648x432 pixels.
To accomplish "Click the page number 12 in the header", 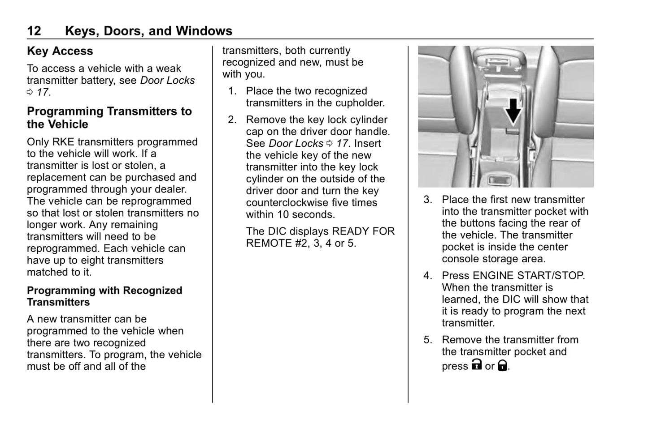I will coord(34,31).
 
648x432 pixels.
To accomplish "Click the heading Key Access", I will coord(60,51).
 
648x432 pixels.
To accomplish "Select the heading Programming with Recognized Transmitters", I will coord(104,296).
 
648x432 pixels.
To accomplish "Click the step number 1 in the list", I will coord(231,91).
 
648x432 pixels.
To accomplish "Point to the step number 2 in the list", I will coord(231,120).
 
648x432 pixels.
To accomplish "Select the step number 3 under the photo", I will coord(427,200).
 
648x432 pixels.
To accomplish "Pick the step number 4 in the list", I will coord(427,276).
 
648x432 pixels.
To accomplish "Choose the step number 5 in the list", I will coord(427,340).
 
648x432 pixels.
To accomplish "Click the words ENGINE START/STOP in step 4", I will coord(528,276).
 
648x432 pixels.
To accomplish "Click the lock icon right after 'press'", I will coord(476,365).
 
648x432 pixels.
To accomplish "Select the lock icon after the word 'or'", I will coord(503,366).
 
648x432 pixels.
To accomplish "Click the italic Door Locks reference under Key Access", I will coord(167,81).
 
